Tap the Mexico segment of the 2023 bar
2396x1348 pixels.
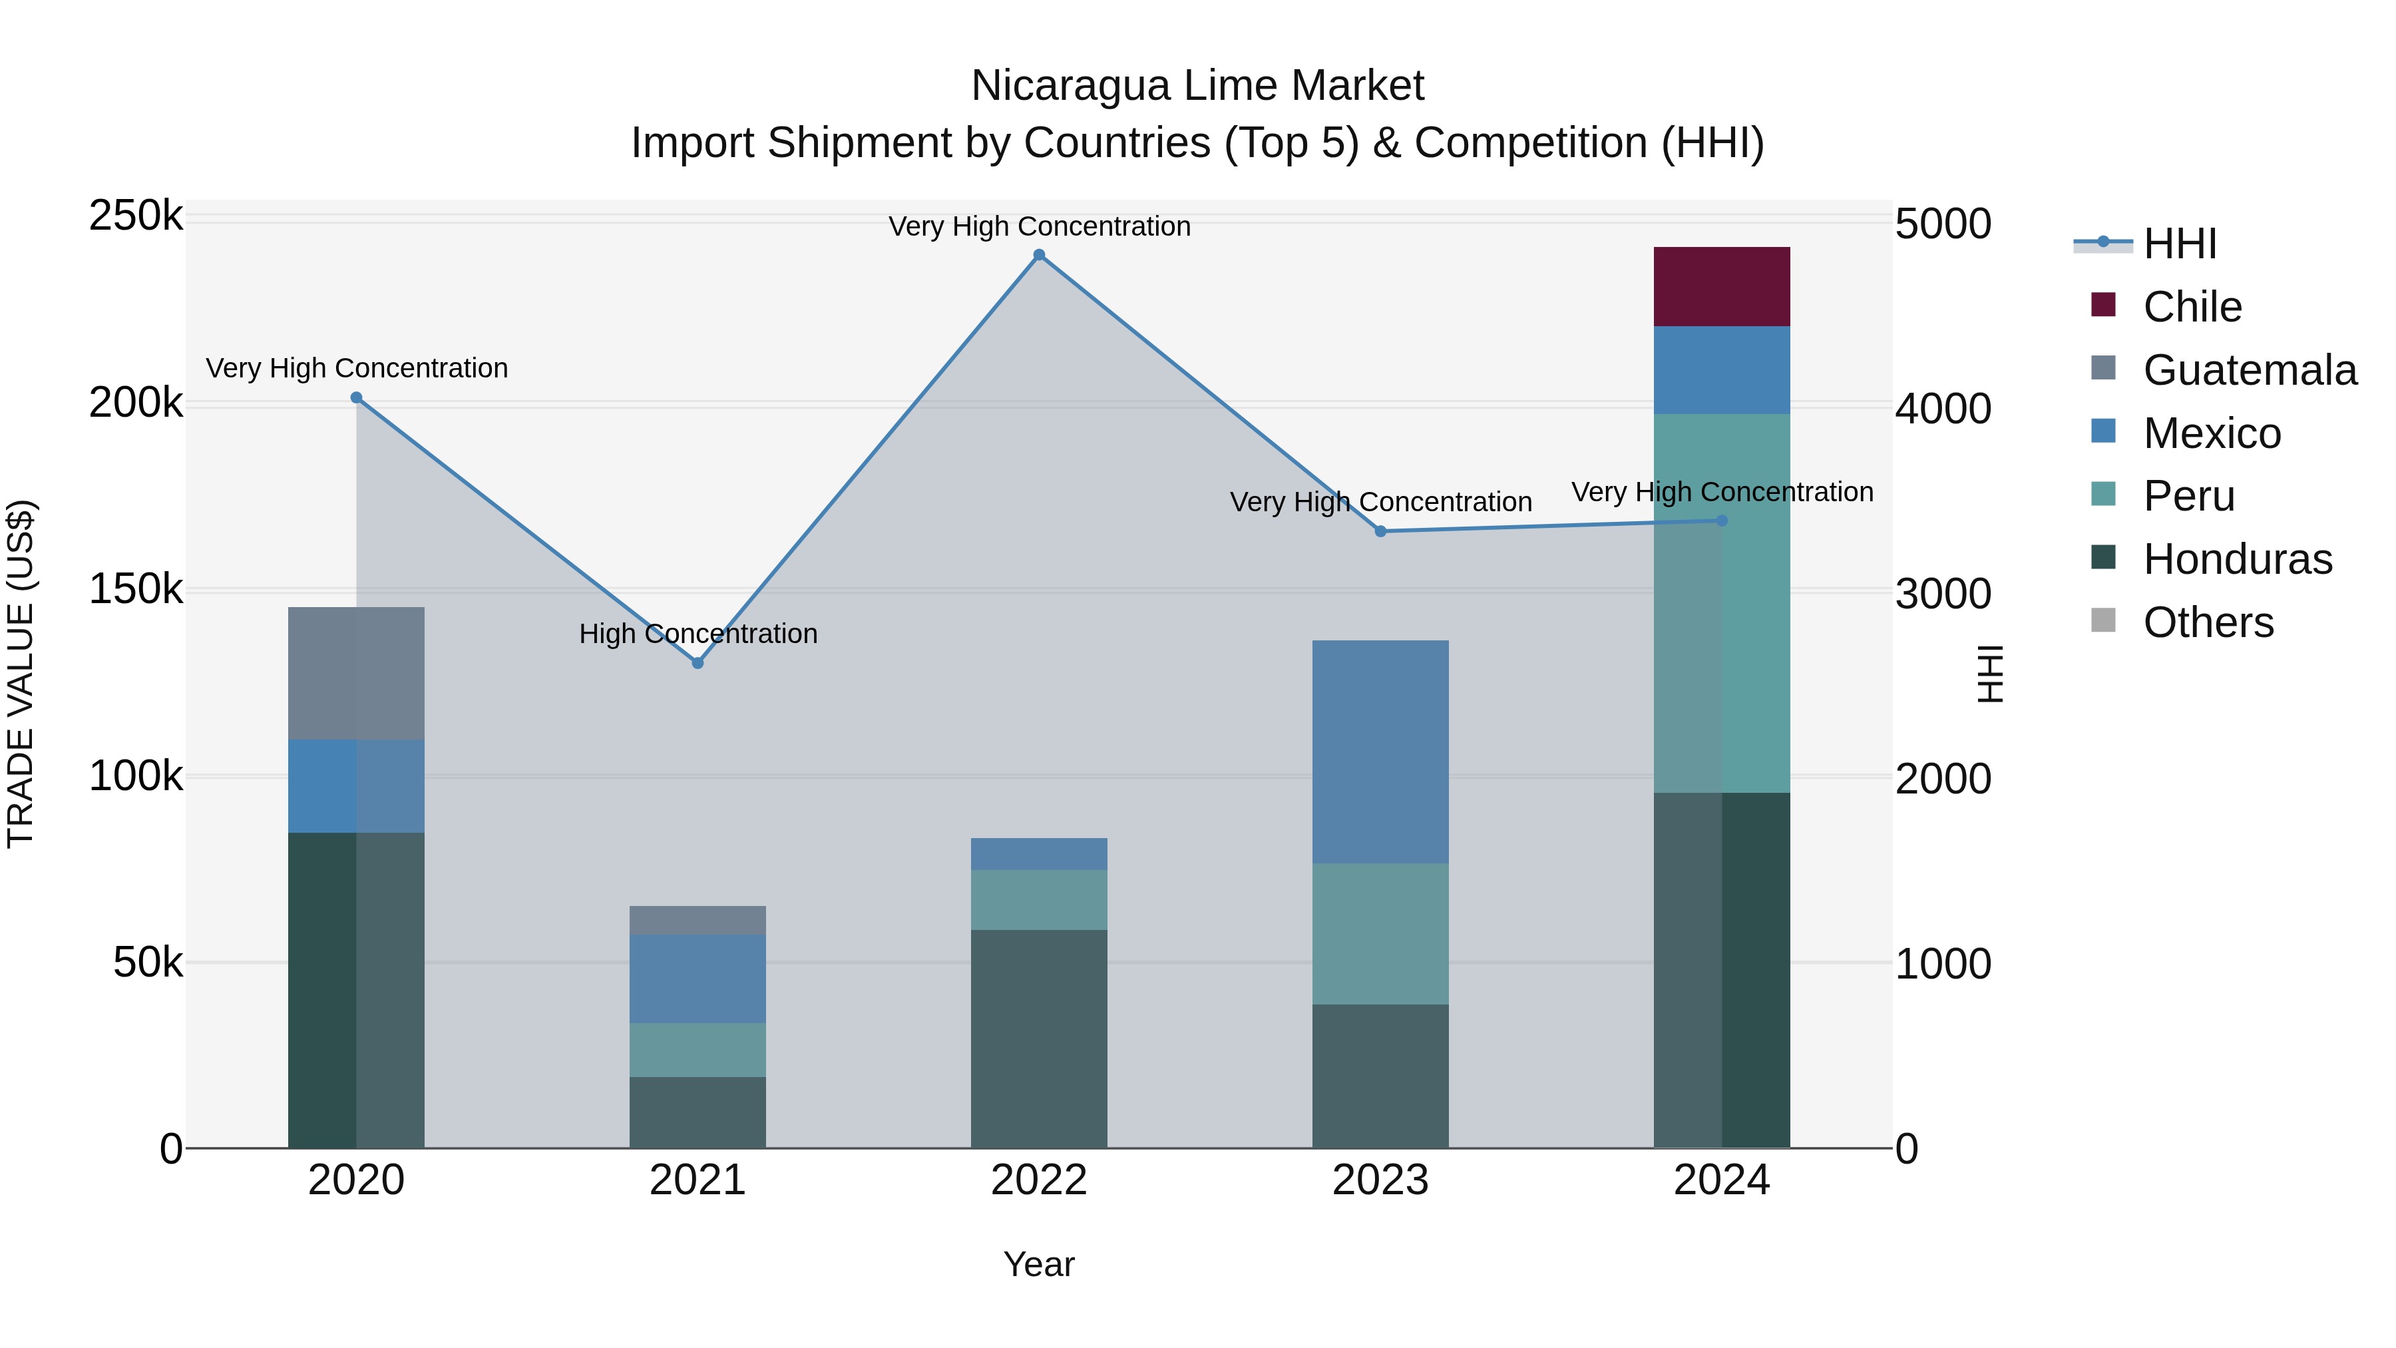pyautogui.click(x=1380, y=751)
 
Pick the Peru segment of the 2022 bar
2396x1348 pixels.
pyautogui.click(x=1039, y=899)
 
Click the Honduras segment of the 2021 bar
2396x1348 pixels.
pyautogui.click(x=698, y=1112)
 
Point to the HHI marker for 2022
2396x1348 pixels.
pyautogui.click(x=1039, y=255)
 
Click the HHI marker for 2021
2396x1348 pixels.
pyautogui.click(x=698, y=662)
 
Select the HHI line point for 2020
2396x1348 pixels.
pyautogui.click(x=356, y=397)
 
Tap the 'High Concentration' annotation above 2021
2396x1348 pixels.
pyautogui.click(x=698, y=634)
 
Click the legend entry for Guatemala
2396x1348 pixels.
pyautogui.click(x=2249, y=370)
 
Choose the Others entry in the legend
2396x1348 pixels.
pyautogui.click(x=2208, y=622)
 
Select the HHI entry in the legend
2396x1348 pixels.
pyautogui.click(x=2179, y=244)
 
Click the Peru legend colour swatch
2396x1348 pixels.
pyautogui.click(x=2103, y=494)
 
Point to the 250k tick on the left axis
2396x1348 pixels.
pyautogui.click(x=136, y=217)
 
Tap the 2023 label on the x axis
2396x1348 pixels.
pyautogui.click(x=1380, y=1180)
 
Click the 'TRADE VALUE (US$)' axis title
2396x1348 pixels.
pyautogui.click(x=21, y=674)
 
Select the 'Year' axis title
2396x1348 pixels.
pyautogui.click(x=1039, y=1264)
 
